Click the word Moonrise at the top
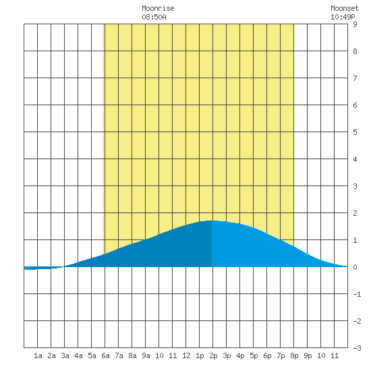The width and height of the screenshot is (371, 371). tap(158, 8)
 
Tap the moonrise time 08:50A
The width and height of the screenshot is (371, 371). tap(154, 17)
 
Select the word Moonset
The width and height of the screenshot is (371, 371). tap(345, 8)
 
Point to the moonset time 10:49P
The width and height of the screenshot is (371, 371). tap(343, 17)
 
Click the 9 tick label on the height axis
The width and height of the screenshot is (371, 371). tap(355, 24)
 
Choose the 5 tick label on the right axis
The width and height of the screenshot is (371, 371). tap(355, 132)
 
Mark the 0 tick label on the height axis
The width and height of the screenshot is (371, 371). tap(355, 267)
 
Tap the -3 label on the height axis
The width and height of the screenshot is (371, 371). tap(357, 348)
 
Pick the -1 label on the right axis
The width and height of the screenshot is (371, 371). tap(357, 294)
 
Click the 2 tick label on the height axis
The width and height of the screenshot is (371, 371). tap(355, 213)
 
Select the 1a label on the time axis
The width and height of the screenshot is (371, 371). tap(38, 355)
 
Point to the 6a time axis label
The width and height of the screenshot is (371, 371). tap(105, 355)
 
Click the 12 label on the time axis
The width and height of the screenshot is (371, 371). tap(186, 355)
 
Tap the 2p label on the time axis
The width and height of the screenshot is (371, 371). tap(213, 356)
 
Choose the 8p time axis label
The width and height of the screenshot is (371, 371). tap(294, 356)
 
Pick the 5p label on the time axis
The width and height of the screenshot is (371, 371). tap(254, 356)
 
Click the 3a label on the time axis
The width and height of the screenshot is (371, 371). tap(65, 355)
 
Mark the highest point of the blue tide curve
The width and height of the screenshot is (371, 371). tap(212, 221)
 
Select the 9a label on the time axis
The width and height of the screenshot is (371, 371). tap(146, 355)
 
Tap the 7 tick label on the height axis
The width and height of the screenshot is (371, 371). tap(355, 78)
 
